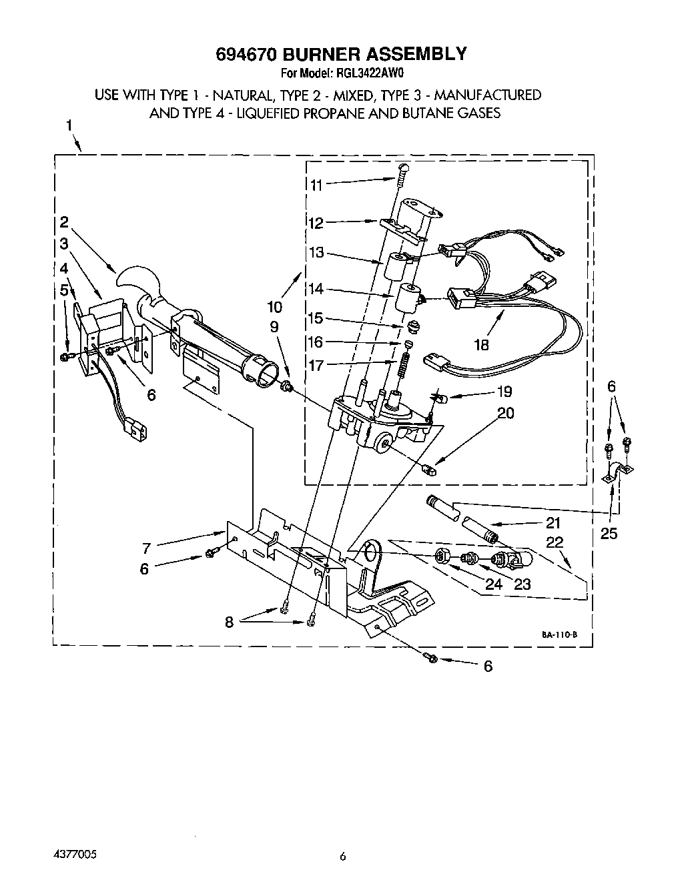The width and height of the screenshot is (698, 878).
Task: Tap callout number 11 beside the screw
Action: click(317, 185)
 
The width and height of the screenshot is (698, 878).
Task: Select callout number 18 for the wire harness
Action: click(481, 344)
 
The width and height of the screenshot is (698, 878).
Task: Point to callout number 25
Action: click(609, 533)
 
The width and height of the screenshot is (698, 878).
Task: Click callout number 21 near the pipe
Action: click(553, 522)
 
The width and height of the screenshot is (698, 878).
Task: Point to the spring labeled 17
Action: click(404, 367)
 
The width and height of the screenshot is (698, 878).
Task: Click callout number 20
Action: click(506, 414)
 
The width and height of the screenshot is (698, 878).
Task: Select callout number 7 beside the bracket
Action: click(145, 548)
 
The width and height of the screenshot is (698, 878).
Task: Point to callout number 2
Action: click(64, 222)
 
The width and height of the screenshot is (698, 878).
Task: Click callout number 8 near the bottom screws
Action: click(229, 621)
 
